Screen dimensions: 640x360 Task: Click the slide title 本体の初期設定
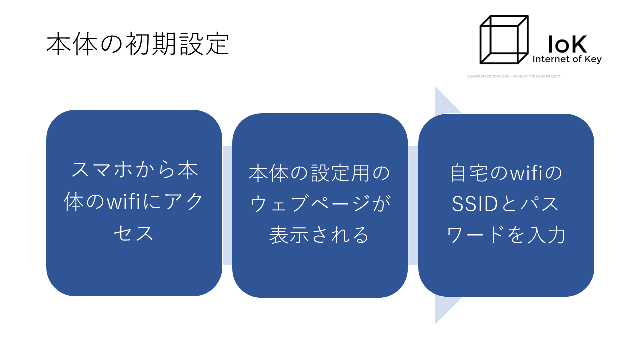[138, 44]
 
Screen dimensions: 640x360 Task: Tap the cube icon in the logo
[504, 40]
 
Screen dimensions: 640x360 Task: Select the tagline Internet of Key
[567, 59]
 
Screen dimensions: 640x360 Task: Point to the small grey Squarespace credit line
[513, 76]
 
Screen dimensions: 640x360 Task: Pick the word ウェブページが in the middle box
[320, 204]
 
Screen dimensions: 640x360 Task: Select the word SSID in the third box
[474, 204]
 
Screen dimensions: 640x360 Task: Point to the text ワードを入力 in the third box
[506, 235]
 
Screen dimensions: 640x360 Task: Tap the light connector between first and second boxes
[227, 205]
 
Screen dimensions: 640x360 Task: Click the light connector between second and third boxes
[413, 205]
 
